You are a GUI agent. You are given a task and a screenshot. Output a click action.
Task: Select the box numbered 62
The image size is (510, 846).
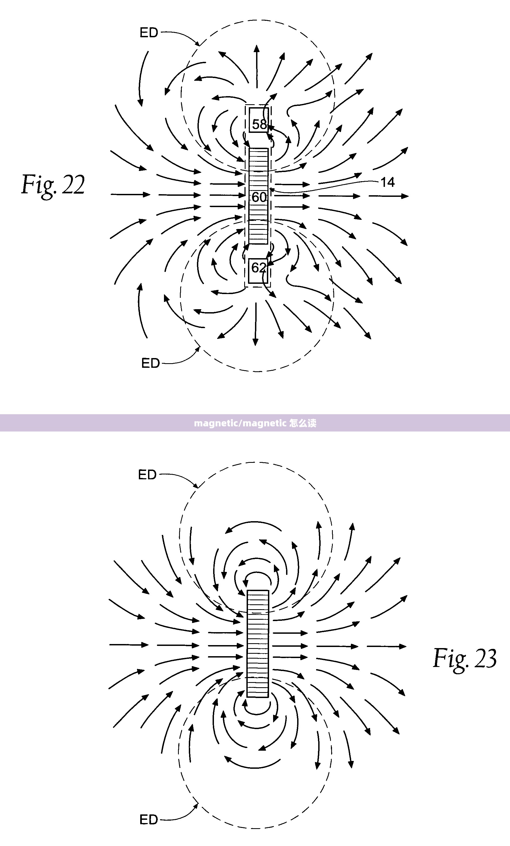tap(258, 271)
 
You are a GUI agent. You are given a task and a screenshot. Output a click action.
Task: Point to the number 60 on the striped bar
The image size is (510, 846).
tap(259, 197)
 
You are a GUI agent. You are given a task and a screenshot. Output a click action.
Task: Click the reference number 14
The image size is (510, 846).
tap(388, 182)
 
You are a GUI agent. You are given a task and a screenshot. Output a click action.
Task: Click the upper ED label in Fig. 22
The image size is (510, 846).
tap(149, 33)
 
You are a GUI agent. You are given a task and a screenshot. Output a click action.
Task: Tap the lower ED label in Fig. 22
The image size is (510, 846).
tap(150, 363)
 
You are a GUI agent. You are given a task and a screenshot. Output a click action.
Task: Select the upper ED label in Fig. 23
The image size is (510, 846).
tap(147, 475)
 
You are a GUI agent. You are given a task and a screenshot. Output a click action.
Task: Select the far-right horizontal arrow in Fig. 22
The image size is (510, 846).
tap(389, 196)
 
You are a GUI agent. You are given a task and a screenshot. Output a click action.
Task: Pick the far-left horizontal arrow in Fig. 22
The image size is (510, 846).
tap(130, 194)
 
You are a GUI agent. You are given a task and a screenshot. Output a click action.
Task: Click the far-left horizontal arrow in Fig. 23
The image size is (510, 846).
tap(129, 645)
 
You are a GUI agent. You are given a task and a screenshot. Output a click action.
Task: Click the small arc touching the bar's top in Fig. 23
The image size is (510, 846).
tap(257, 573)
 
